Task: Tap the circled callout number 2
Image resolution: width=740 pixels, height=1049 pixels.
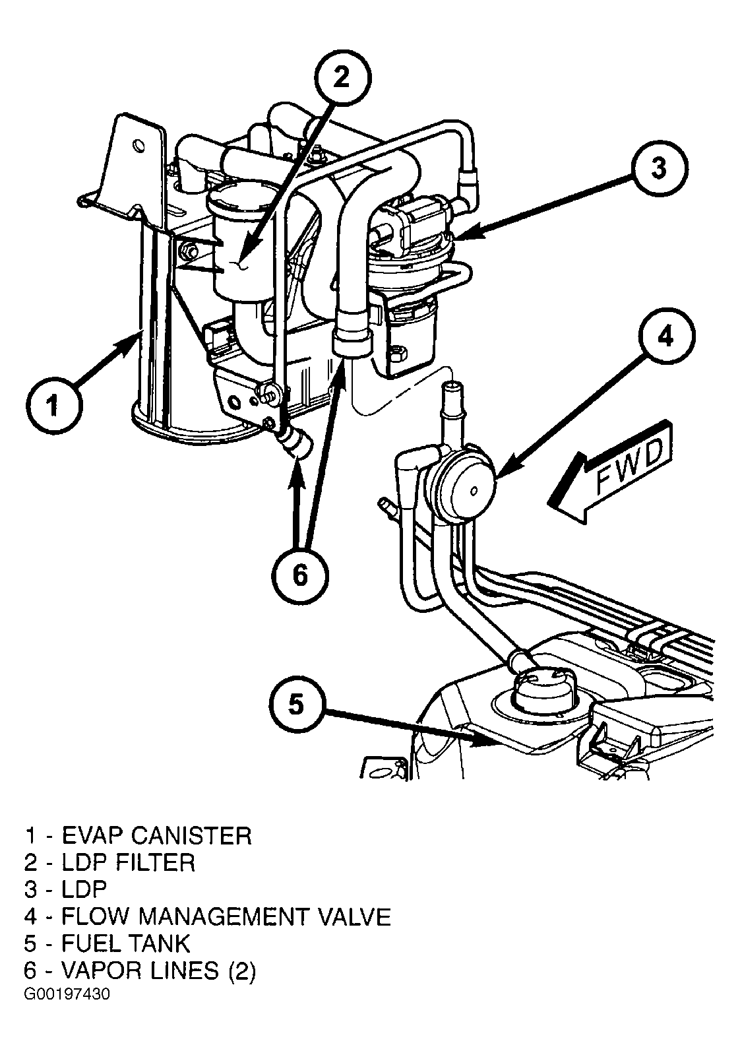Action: click(x=342, y=77)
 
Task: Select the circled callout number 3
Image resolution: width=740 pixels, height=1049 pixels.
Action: click(x=659, y=168)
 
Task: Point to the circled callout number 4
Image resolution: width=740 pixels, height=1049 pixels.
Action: click(x=666, y=336)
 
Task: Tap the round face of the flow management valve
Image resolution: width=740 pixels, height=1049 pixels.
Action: click(x=472, y=490)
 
